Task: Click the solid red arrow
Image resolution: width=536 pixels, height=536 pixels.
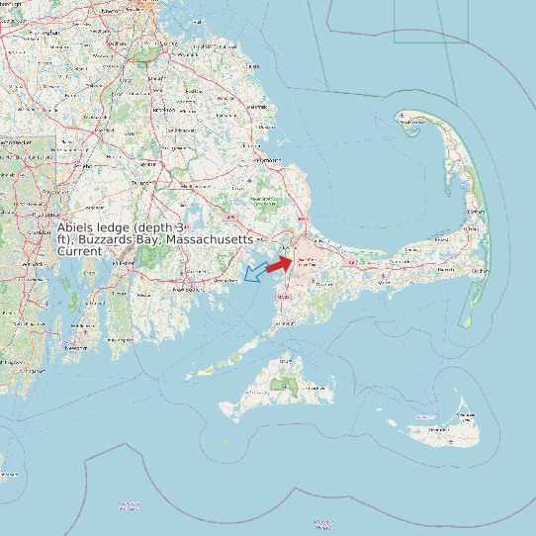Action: click(281, 263)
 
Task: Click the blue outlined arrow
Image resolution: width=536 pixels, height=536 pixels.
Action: click(255, 272)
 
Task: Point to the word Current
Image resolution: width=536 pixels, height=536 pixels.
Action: click(79, 251)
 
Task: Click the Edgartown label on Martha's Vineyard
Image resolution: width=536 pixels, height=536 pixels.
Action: click(318, 389)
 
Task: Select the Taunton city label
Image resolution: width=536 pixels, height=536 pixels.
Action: click(140, 184)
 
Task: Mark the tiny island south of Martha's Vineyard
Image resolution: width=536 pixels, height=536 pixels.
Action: click(224, 441)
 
